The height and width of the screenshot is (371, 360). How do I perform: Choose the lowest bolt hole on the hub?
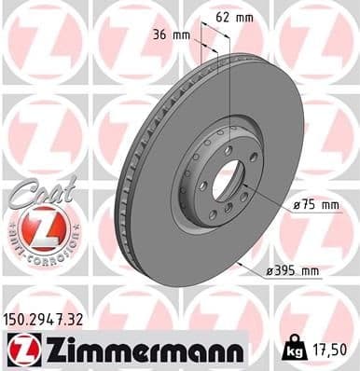213,215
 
